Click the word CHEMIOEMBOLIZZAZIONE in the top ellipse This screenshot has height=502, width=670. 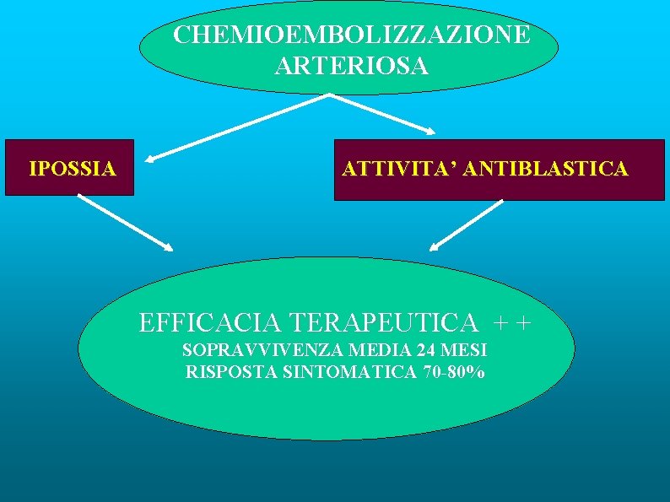(x=352, y=36)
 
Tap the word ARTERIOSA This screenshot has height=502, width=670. (x=352, y=66)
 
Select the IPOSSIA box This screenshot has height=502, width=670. (x=71, y=169)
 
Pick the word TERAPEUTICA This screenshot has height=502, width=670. (x=383, y=322)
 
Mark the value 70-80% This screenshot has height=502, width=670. (x=455, y=371)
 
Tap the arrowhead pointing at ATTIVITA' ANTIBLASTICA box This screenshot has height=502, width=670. (x=430, y=132)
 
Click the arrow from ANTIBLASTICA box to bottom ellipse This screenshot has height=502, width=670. (x=467, y=224)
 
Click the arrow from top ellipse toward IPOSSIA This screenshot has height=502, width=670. (x=236, y=126)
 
